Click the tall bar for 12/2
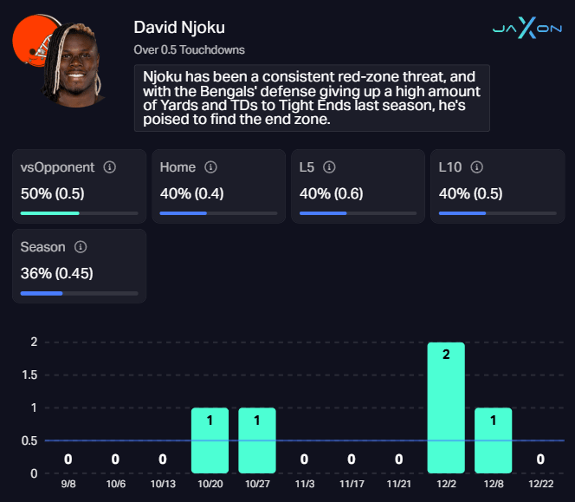click(446, 407)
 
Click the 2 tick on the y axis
click(34, 342)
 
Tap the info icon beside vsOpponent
click(110, 167)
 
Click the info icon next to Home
click(210, 167)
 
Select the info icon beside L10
click(476, 167)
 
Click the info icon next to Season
click(81, 247)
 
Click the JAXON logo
click(526, 28)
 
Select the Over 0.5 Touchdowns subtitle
click(189, 50)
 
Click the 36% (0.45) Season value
click(56, 273)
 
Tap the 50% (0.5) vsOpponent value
click(53, 193)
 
